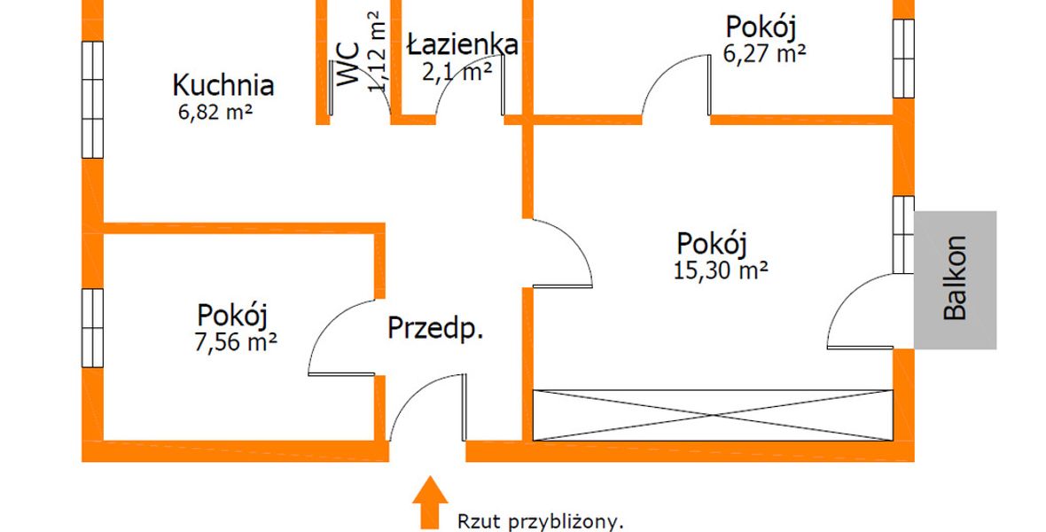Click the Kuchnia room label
(222, 85)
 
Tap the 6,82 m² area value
(215, 112)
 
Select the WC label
(348, 65)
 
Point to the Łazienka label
(463, 44)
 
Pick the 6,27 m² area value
(764, 53)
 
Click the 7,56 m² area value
(236, 342)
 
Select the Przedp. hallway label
(435, 328)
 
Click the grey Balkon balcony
(955, 279)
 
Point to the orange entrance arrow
(430, 502)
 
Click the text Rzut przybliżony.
(541, 520)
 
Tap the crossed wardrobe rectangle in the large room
(713, 415)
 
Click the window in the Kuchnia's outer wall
(93, 99)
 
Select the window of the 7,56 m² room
(93, 327)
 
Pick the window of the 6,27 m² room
(903, 58)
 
